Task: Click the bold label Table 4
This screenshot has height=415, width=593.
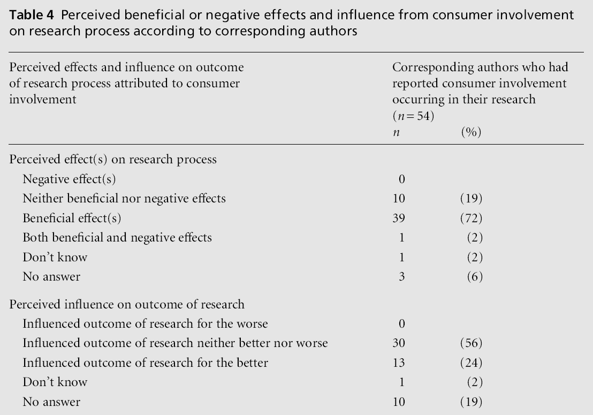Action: pyautogui.click(x=27, y=16)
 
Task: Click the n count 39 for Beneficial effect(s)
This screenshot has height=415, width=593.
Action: pyautogui.click(x=399, y=218)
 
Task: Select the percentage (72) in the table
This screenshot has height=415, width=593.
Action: pyautogui.click(x=471, y=218)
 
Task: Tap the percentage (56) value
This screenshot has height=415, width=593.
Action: pyautogui.click(x=471, y=343)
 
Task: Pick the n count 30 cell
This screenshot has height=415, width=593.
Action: pyautogui.click(x=399, y=343)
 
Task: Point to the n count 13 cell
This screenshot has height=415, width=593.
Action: pyautogui.click(x=399, y=363)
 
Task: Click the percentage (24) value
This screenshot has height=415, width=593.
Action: pyautogui.click(x=471, y=363)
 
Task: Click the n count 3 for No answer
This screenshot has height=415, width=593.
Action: pyautogui.click(x=401, y=277)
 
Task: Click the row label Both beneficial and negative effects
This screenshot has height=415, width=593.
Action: pyautogui.click(x=117, y=238)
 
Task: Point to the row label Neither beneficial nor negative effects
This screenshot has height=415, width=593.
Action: pyautogui.click(x=124, y=199)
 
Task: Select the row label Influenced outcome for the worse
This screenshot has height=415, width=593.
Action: pyautogui.click(x=145, y=323)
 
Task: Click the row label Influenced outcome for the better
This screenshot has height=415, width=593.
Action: pyautogui.click(x=145, y=363)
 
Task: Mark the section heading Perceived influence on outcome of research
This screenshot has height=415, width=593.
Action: pyautogui.click(x=127, y=304)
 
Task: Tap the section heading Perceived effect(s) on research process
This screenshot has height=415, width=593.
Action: pyautogui.click(x=113, y=160)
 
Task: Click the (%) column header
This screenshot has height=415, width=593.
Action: pyautogui.click(x=471, y=132)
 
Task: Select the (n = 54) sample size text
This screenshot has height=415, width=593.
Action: pyautogui.click(x=413, y=116)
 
